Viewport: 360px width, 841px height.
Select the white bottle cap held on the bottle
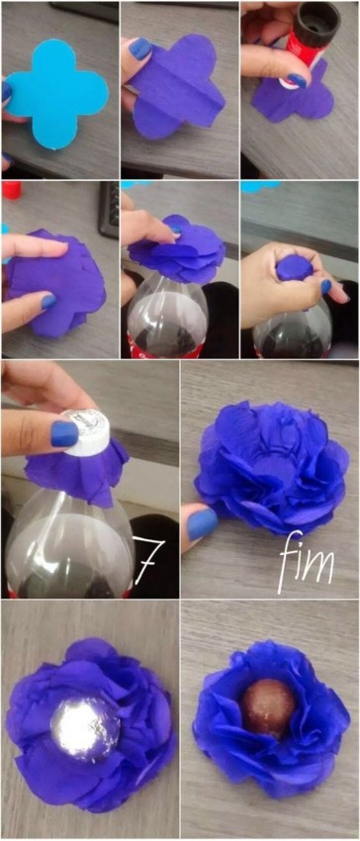coord(86,431)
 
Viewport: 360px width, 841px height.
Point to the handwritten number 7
coord(146,561)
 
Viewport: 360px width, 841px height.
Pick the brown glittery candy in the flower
coord(269,705)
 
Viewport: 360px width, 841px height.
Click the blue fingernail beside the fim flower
coord(202,524)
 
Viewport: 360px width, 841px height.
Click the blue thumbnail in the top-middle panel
coord(140,48)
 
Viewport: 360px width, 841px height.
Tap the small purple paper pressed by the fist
coord(293,267)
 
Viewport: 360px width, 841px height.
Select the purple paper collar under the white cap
coord(79,465)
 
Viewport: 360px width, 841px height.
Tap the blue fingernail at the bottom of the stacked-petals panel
coord(48,302)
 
